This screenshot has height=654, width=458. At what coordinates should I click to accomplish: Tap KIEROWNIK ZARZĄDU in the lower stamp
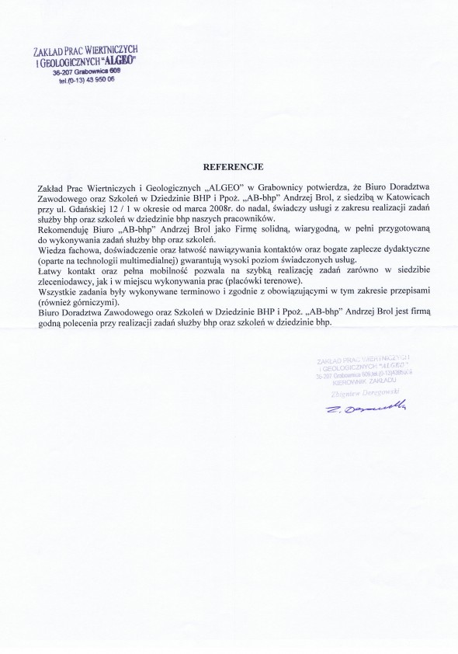(x=357, y=382)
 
